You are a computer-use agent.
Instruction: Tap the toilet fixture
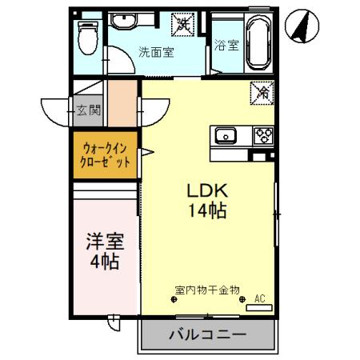(x=88, y=34)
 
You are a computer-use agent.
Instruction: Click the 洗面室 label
(x=157, y=53)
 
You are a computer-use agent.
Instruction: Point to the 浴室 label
(x=226, y=46)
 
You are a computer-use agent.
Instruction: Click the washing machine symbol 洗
(x=185, y=24)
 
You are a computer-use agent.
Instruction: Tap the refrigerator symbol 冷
(x=262, y=92)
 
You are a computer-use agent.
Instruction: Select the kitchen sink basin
(x=224, y=135)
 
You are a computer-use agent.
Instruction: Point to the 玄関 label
(x=88, y=110)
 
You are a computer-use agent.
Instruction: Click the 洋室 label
(x=105, y=241)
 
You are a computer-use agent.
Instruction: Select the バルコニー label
(x=207, y=334)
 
